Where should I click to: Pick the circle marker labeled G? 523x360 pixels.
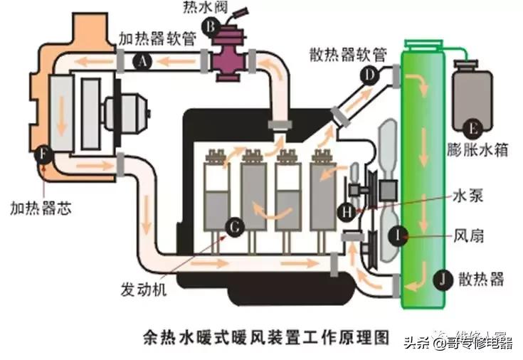click(233, 226)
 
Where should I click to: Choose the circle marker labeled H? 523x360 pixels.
click(347, 211)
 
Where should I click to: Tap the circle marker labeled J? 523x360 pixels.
click(442, 279)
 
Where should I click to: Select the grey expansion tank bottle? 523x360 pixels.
click(470, 100)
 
